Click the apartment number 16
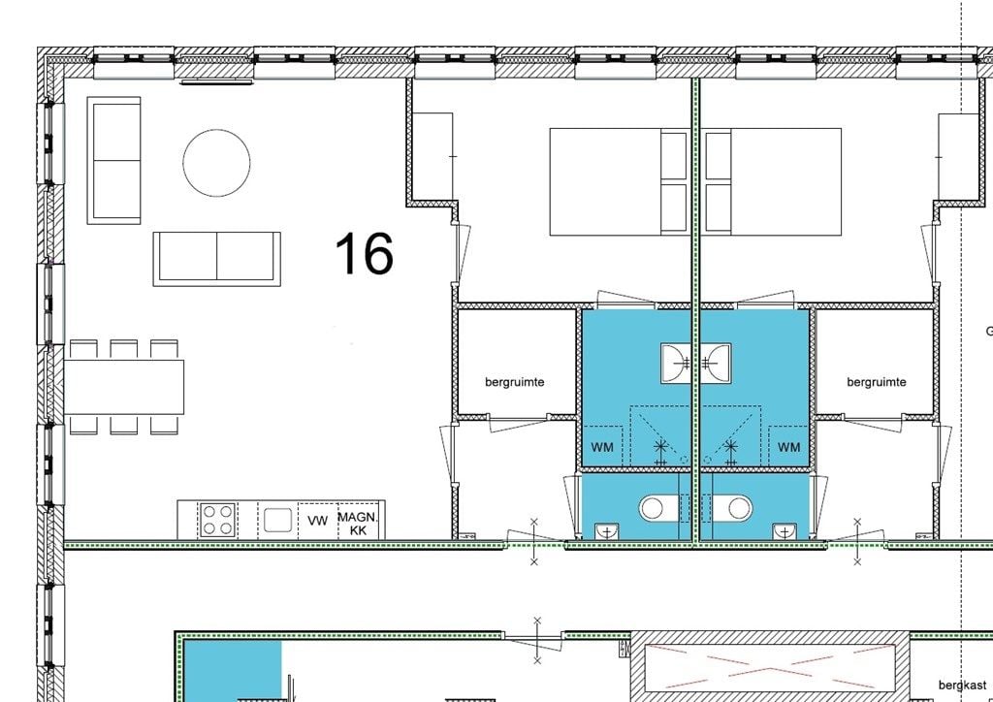pos(364,253)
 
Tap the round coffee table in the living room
pos(216,163)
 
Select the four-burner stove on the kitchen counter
pos(217,520)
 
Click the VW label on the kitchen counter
pos(317,521)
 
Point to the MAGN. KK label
pos(359,525)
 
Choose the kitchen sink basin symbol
pos(278,521)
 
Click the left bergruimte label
pos(515,382)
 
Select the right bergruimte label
pos(877,382)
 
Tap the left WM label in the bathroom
pos(602,447)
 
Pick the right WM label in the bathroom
pos(788,447)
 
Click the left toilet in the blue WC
pos(658,508)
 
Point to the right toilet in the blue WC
pos(733,508)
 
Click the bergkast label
pos(963,685)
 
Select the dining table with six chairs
pos(124,387)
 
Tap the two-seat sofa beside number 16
pos(216,259)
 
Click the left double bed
pos(619,181)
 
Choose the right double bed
pos(773,181)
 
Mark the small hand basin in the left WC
pos(607,531)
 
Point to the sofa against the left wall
pos(114,160)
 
